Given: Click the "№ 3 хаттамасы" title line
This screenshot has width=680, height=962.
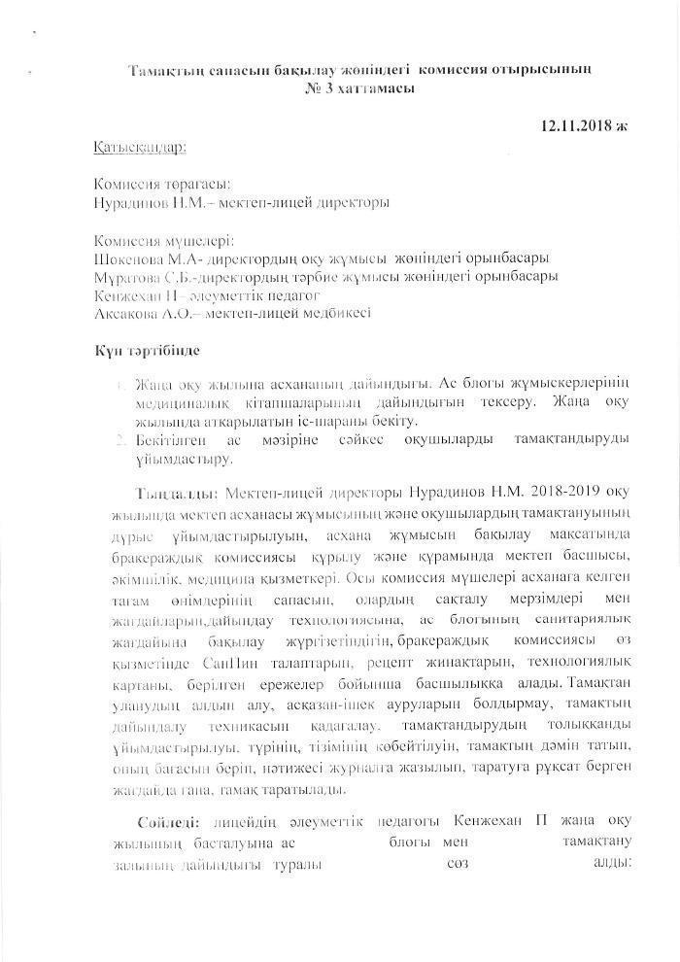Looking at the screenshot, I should coord(359,87).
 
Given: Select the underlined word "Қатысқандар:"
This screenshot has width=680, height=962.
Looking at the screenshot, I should coord(140,147).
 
